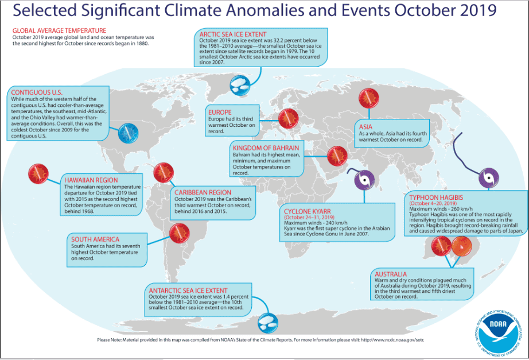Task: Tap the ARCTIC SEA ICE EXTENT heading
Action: coord(233,34)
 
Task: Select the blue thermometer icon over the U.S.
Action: coord(128,133)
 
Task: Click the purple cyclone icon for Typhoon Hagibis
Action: coord(488,177)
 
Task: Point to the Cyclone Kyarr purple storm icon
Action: coord(364,180)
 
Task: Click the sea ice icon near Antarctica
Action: coord(268,323)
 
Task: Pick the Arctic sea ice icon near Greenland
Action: coord(240,85)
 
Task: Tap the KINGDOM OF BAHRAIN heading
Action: coord(266,148)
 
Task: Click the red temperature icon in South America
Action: coord(180,233)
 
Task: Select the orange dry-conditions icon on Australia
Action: coord(462,246)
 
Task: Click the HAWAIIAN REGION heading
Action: coord(91,180)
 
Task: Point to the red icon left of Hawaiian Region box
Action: coord(38,173)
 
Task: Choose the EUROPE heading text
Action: coord(220,113)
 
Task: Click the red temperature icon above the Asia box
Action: coord(369,98)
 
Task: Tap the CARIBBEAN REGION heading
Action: coord(203,192)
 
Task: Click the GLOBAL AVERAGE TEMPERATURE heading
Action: coord(59,31)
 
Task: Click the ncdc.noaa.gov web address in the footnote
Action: coord(392,340)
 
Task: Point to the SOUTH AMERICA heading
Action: coord(95,239)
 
